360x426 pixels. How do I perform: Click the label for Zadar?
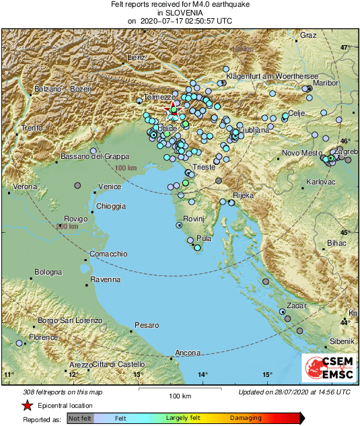pyautogui.click(x=297, y=306)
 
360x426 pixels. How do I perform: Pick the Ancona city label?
pyautogui.click(x=187, y=353)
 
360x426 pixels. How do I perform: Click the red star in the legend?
pyautogui.click(x=27, y=406)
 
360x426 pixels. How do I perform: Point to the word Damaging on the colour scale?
pyautogui.click(x=246, y=418)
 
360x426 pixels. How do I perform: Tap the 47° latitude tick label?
pyautogui.click(x=345, y=48)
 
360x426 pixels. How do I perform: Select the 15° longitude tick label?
pyautogui.click(x=267, y=374)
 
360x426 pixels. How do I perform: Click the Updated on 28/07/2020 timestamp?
pyautogui.click(x=294, y=392)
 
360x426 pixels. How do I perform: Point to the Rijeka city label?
pyautogui.click(x=244, y=195)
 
